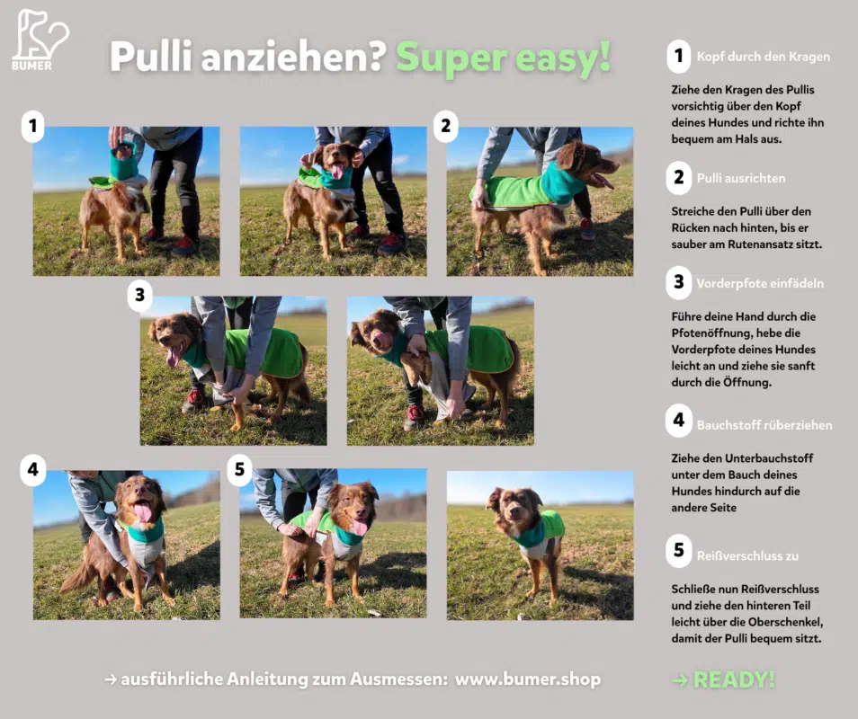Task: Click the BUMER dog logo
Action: tap(40, 40)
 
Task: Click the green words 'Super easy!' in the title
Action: tap(503, 57)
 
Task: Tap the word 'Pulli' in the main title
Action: tap(150, 57)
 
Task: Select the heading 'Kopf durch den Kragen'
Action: tap(763, 57)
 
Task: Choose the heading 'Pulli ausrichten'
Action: tap(741, 178)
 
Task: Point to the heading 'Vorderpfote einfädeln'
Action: tap(760, 283)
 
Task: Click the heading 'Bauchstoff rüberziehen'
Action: tap(764, 425)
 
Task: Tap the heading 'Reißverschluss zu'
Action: tap(747, 556)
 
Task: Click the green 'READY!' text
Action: tap(734, 679)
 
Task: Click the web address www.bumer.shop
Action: tap(528, 679)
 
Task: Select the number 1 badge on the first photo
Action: tap(33, 127)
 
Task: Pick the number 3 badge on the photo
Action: tap(140, 296)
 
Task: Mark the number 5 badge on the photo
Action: tap(239, 469)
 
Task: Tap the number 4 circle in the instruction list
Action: tap(678, 420)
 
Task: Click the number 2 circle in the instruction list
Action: tap(678, 177)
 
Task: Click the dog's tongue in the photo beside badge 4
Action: tap(143, 512)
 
